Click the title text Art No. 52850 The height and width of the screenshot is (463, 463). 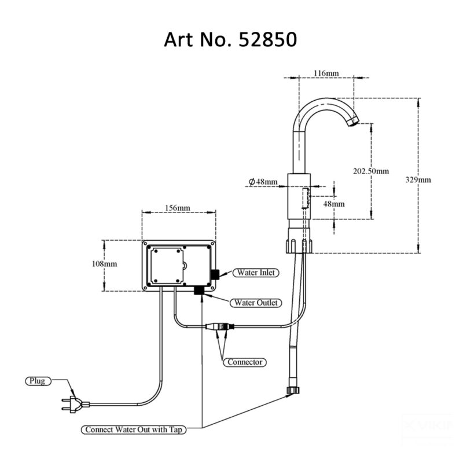[231, 39]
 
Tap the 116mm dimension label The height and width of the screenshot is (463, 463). [326, 73]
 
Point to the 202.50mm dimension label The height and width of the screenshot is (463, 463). [371, 171]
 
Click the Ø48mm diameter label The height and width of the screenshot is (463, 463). [263, 182]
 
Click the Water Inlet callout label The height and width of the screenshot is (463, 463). [255, 273]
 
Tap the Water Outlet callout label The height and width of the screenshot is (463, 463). [255, 303]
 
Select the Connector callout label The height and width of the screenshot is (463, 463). [245, 362]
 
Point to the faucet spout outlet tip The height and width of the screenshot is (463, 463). [352, 123]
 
